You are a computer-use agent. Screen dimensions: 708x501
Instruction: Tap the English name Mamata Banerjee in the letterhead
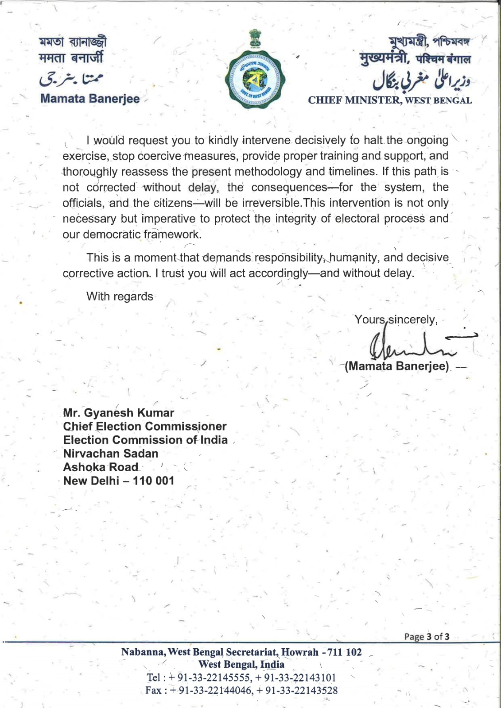point(89,99)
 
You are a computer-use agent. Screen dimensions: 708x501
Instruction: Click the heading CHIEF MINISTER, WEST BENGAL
point(390,100)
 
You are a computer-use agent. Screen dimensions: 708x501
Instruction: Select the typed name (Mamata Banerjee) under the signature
point(397,366)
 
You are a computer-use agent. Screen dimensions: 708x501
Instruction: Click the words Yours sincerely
point(396,319)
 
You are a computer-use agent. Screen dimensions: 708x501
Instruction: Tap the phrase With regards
point(120,296)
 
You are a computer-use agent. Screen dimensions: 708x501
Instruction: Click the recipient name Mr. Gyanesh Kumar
point(119,413)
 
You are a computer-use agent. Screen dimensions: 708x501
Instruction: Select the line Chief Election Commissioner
point(145,427)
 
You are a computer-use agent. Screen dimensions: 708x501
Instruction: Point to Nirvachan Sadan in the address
point(111,454)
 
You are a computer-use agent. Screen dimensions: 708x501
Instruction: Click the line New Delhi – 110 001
point(119,481)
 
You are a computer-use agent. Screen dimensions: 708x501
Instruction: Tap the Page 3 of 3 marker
point(427,637)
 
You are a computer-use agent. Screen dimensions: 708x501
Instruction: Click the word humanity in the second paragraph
point(353,258)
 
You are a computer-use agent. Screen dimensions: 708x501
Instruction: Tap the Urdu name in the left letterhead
point(71,79)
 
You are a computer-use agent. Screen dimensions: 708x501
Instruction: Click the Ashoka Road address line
point(101,467)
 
